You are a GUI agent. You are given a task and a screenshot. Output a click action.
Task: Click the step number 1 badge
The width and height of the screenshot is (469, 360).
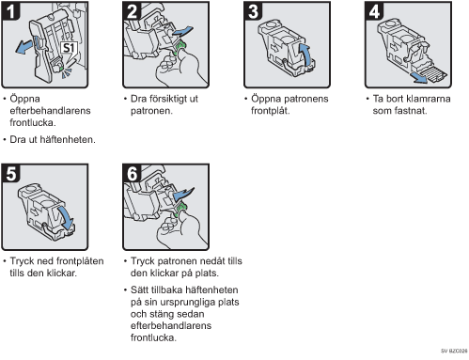[10, 11]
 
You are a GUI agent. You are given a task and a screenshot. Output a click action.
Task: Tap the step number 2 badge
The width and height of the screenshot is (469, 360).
[132, 11]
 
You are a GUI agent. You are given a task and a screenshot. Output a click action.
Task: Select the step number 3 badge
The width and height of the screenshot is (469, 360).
[253, 11]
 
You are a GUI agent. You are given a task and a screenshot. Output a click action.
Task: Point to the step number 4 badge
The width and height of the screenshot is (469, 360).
[374, 11]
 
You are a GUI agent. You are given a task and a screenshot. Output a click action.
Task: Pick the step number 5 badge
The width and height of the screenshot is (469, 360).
[10, 173]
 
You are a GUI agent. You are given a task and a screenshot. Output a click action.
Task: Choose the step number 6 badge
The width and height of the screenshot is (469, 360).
[132, 173]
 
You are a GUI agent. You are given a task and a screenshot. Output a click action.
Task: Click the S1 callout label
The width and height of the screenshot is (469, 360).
[69, 48]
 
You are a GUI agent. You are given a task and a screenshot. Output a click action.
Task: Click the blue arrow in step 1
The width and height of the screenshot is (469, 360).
[24, 47]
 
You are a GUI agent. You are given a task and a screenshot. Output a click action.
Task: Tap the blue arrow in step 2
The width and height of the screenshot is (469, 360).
[182, 31]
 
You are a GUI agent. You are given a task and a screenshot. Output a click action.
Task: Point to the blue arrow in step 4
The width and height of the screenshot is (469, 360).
[420, 78]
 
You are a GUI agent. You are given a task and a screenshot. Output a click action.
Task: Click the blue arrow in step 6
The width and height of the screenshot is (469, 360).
[183, 194]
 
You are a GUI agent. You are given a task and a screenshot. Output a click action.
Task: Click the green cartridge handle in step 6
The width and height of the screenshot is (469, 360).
[180, 210]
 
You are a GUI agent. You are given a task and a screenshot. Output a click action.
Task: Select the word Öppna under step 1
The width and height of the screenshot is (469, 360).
[24, 99]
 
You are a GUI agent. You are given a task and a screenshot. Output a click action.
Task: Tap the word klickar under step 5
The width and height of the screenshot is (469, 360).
[62, 273]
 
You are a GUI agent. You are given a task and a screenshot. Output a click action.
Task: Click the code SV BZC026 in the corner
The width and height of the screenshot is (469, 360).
[454, 351]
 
